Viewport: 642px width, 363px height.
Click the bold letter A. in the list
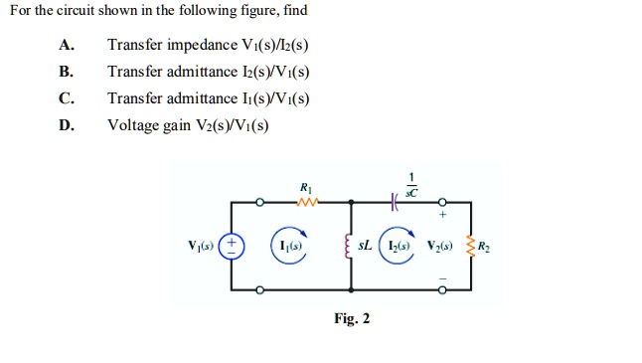[x=66, y=45]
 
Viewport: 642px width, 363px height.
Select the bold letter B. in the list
[x=66, y=72]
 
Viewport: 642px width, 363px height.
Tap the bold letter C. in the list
[x=66, y=97]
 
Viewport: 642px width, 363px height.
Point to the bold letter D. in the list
[x=66, y=124]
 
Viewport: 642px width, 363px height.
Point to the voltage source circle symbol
[x=232, y=246]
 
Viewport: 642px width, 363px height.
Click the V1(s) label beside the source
[x=202, y=246]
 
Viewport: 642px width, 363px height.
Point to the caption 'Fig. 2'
[x=352, y=318]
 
